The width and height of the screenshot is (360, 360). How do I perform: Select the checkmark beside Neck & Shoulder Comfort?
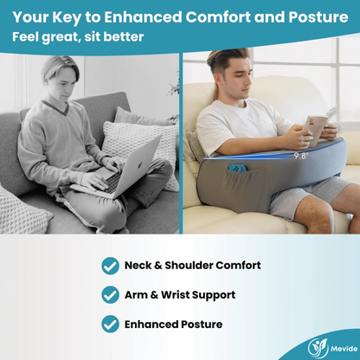click(110, 266)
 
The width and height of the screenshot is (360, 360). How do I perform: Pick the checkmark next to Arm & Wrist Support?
click(110, 295)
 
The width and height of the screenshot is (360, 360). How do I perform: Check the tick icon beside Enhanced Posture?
click(110, 325)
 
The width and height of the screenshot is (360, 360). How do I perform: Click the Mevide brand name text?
click(344, 348)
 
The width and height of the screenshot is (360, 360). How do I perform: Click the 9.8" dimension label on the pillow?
click(300, 156)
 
